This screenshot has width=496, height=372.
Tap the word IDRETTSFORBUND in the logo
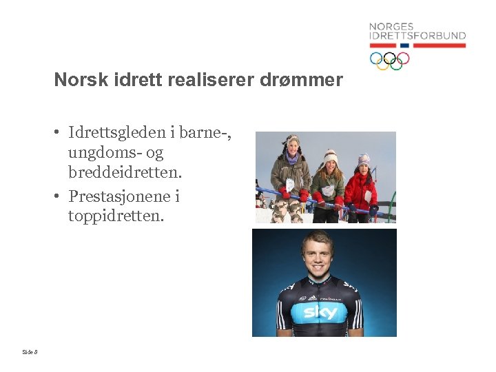[417, 36]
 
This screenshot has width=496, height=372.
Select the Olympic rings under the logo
[389, 60]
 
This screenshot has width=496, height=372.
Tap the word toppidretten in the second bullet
[116, 216]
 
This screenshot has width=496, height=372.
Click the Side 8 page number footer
[30, 352]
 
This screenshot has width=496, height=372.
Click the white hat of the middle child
[331, 155]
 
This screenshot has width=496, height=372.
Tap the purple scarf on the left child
[293, 158]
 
